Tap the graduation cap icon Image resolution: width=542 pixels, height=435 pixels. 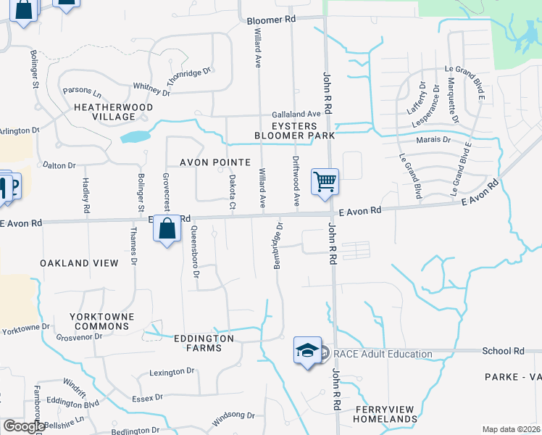[307, 350]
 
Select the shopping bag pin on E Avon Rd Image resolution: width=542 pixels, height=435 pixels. [167, 228]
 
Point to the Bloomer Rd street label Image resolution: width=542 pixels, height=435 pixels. [272, 20]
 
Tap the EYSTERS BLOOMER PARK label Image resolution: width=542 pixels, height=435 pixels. [293, 130]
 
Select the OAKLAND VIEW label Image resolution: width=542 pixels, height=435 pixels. [79, 263]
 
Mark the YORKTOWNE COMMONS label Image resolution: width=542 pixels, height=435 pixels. [99, 322]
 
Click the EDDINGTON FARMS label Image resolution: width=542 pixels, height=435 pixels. [204, 343]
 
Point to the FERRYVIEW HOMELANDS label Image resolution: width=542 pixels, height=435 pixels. [386, 414]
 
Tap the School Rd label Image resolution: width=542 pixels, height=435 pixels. [503, 351]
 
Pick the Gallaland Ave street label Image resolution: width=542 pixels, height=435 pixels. [296, 115]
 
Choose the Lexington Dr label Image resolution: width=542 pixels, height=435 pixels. [172, 371]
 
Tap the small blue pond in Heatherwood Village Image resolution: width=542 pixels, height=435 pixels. [135, 136]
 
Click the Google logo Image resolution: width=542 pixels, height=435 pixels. [24, 426]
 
